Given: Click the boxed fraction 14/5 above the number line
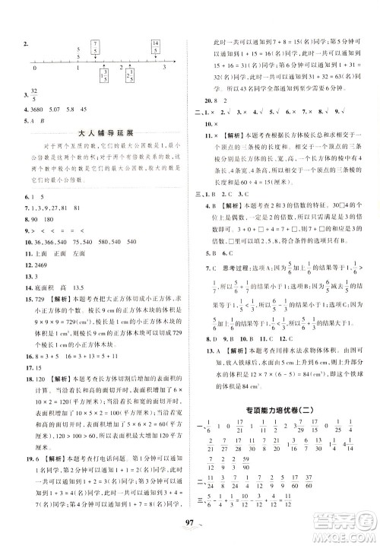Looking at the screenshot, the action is [x=154, y=43].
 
